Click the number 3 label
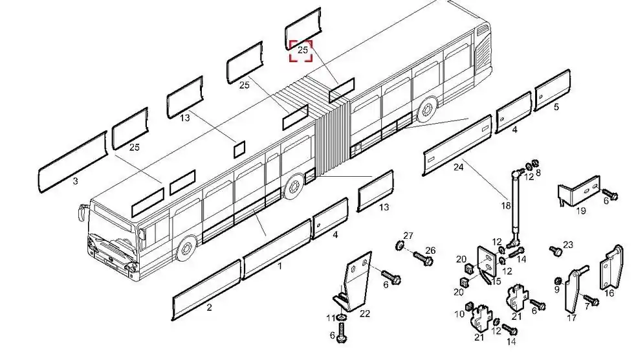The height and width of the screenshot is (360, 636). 75,181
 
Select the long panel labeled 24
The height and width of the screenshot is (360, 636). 457,145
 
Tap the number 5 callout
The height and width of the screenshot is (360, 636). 556,107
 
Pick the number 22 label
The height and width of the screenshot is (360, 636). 365,314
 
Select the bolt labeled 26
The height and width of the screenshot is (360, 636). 423,258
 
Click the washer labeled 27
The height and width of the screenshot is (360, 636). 400,245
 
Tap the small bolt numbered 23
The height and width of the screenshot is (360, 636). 556,251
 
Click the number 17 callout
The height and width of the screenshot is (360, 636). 571,318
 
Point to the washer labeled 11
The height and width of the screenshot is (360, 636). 342,317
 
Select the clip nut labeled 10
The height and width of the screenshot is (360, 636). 470,306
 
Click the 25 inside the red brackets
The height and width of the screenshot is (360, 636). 303,50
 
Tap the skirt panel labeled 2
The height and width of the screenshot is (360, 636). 206,289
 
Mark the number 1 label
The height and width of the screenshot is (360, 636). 280,266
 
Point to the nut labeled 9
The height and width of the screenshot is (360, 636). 557,281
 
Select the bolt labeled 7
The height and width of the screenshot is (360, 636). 591,300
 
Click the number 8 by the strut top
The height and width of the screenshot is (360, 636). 538,173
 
